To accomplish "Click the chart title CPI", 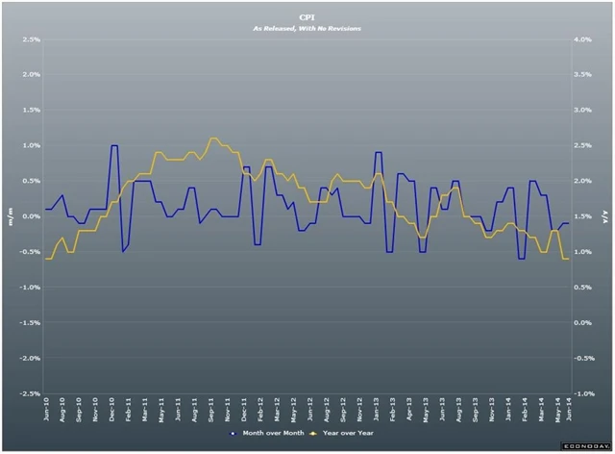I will (307, 16).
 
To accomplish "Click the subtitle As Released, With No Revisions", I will (307, 29).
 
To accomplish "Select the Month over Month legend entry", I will (275, 434).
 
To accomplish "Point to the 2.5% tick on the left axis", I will (30, 40).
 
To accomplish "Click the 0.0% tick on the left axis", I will (30, 216).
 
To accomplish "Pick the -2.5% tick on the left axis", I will (29, 393).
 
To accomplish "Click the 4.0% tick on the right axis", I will (582, 40).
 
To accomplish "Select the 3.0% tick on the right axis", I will (582, 111).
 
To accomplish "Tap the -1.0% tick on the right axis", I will (581, 393).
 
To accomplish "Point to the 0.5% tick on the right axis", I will (582, 288).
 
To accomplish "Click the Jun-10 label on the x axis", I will (46, 412).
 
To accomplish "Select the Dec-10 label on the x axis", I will (112, 412).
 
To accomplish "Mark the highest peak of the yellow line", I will (213, 139).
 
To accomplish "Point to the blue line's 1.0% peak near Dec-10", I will (114, 145).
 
